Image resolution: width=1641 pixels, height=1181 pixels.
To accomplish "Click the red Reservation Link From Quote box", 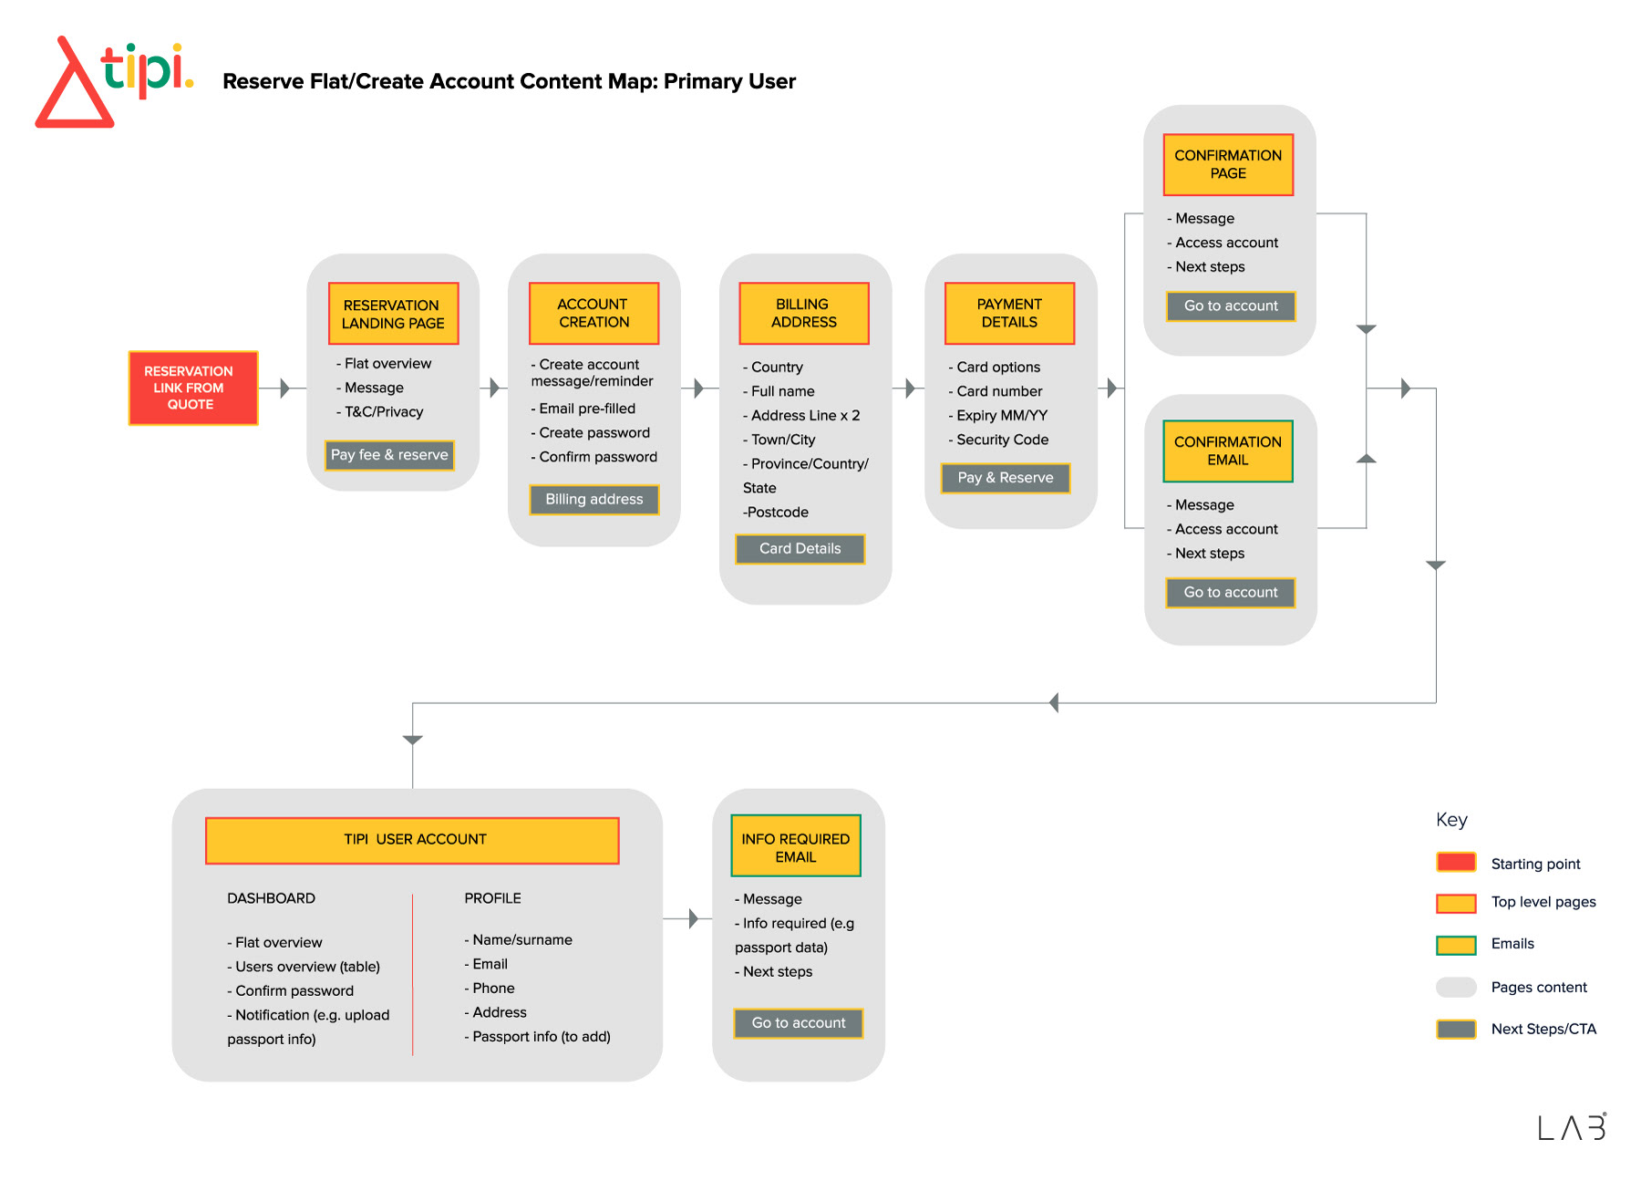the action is (x=193, y=388).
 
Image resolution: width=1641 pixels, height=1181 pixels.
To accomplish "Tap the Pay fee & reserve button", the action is (x=389, y=455).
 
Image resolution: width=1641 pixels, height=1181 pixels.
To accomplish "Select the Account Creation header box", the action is (x=593, y=313).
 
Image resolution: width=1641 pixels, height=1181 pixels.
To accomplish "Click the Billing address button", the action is (x=594, y=500).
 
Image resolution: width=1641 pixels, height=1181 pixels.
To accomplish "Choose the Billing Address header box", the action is (x=803, y=313).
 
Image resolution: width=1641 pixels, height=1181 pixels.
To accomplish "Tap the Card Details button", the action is (x=800, y=549).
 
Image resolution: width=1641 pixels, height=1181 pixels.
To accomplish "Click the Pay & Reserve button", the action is (x=1006, y=478).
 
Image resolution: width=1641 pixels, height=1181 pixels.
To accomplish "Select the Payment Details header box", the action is (x=1009, y=313).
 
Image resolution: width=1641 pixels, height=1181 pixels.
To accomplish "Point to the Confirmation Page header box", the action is (x=1228, y=165).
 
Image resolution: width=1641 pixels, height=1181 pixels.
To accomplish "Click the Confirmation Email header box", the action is (x=1228, y=451).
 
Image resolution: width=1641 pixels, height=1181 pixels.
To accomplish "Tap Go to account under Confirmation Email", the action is (x=1231, y=593).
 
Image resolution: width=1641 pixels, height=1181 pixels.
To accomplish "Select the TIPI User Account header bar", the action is (x=412, y=840).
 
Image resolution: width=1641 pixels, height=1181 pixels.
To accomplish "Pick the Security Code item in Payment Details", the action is (x=998, y=440).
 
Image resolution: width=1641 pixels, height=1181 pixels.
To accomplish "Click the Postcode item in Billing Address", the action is (x=776, y=513).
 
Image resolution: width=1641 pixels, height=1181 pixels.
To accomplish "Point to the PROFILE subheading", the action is (x=493, y=898).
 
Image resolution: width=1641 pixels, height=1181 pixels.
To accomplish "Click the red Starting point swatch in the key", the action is (x=1456, y=863).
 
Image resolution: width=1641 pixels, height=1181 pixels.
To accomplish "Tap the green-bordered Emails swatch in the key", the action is (x=1456, y=945).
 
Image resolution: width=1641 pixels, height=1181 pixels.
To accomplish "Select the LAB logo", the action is (x=1573, y=1127).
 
